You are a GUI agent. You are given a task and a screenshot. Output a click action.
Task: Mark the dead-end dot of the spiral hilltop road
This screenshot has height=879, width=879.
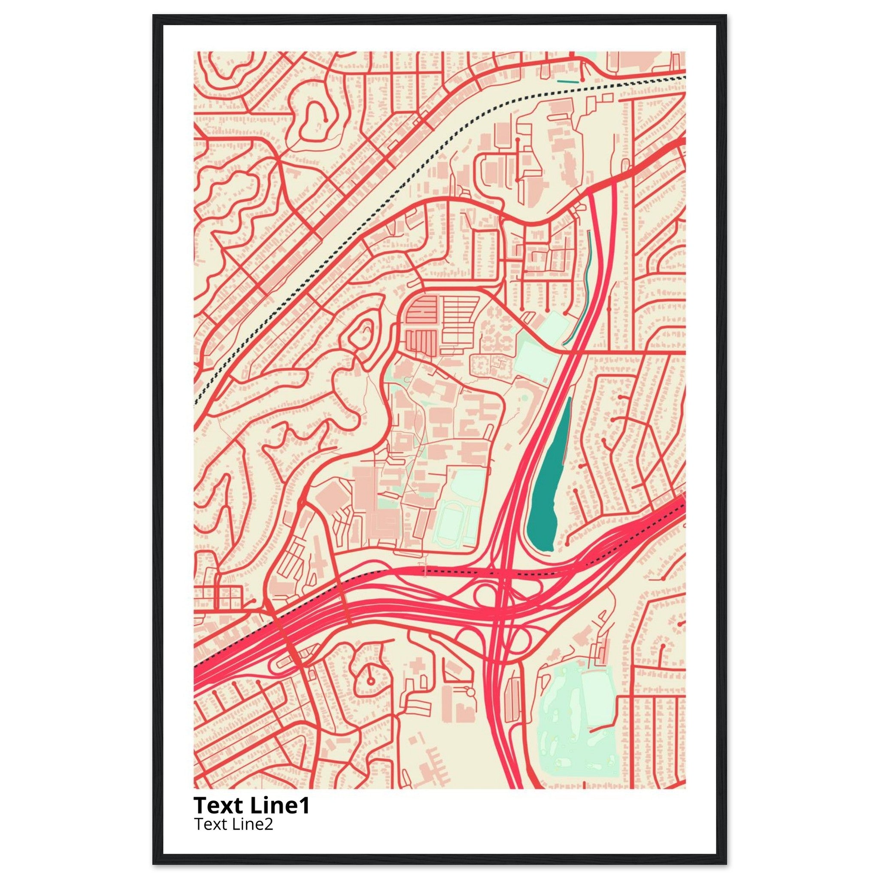326,119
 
